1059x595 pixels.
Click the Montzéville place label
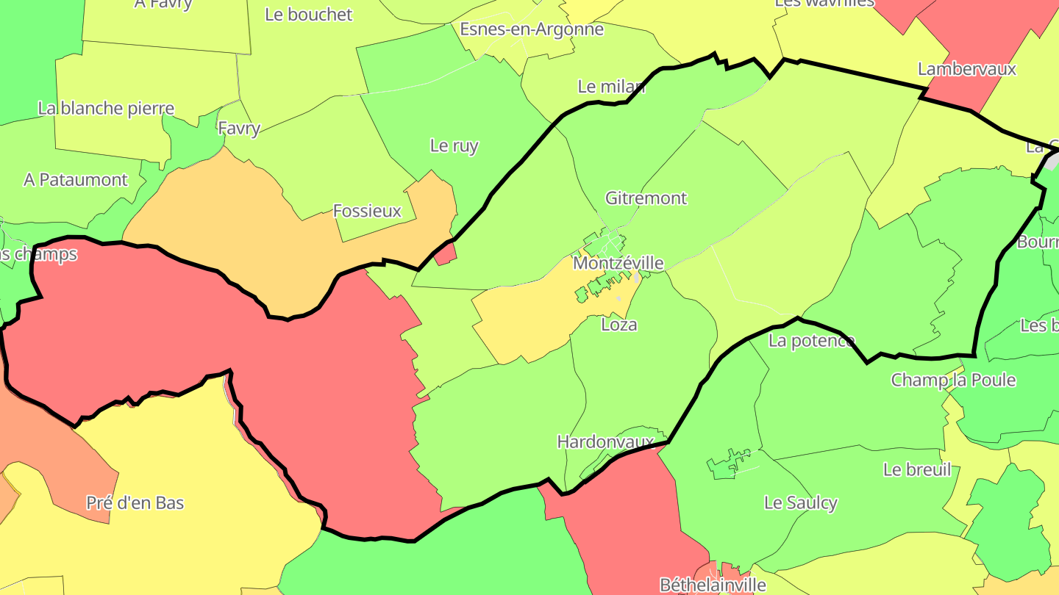[x=618, y=263]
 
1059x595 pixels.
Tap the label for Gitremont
[x=646, y=198]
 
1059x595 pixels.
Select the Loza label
[x=618, y=324]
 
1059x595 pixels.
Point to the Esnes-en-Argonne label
[x=532, y=29]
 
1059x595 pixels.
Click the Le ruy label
[x=454, y=145]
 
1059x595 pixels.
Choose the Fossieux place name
[x=367, y=211]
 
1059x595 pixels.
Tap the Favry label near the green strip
[x=239, y=129]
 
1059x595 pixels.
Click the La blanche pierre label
[x=106, y=109]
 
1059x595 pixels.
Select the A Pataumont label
[x=76, y=179]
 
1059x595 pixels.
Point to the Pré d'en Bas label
[x=135, y=503]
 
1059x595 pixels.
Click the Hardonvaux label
[x=605, y=441]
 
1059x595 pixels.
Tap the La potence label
[x=812, y=341]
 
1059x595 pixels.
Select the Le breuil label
[x=917, y=469]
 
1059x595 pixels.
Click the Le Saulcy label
[x=801, y=502]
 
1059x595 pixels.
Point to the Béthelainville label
[x=713, y=585]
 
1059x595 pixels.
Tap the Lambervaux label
[x=966, y=69]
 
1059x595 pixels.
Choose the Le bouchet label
[x=308, y=15]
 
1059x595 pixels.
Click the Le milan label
[x=611, y=87]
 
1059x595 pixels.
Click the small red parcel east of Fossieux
[x=446, y=255]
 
